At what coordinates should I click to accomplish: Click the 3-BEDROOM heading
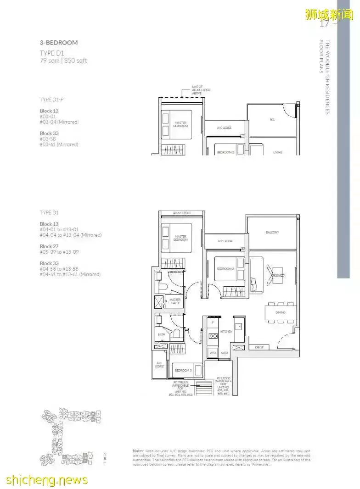click(x=59, y=43)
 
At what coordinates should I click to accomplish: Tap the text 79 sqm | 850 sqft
click(x=63, y=61)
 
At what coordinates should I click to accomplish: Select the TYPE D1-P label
click(x=52, y=99)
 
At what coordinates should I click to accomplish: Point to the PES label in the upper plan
click(x=272, y=120)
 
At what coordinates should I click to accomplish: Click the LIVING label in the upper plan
click(x=277, y=152)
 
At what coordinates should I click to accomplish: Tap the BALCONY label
click(x=272, y=233)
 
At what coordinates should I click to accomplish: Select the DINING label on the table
click(x=280, y=312)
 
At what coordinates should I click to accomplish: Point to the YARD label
click(x=224, y=353)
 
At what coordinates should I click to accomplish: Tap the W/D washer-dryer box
click(x=213, y=353)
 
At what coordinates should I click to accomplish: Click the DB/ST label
click(x=259, y=348)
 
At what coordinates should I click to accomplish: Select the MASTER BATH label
click(x=176, y=301)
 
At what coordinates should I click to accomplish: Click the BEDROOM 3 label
click(x=182, y=370)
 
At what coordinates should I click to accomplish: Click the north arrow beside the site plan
click(x=105, y=459)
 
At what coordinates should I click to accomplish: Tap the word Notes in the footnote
click(x=138, y=451)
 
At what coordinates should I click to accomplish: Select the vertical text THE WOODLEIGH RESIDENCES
click(x=327, y=77)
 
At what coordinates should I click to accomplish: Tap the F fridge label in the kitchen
click(x=213, y=323)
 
